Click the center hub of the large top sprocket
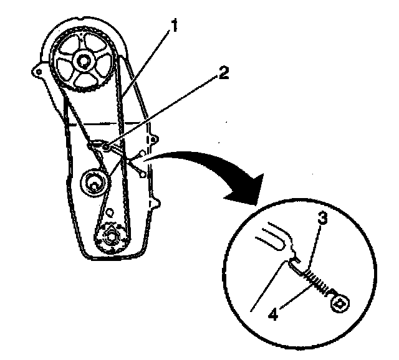click(81, 62)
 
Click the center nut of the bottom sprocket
click(112, 237)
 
